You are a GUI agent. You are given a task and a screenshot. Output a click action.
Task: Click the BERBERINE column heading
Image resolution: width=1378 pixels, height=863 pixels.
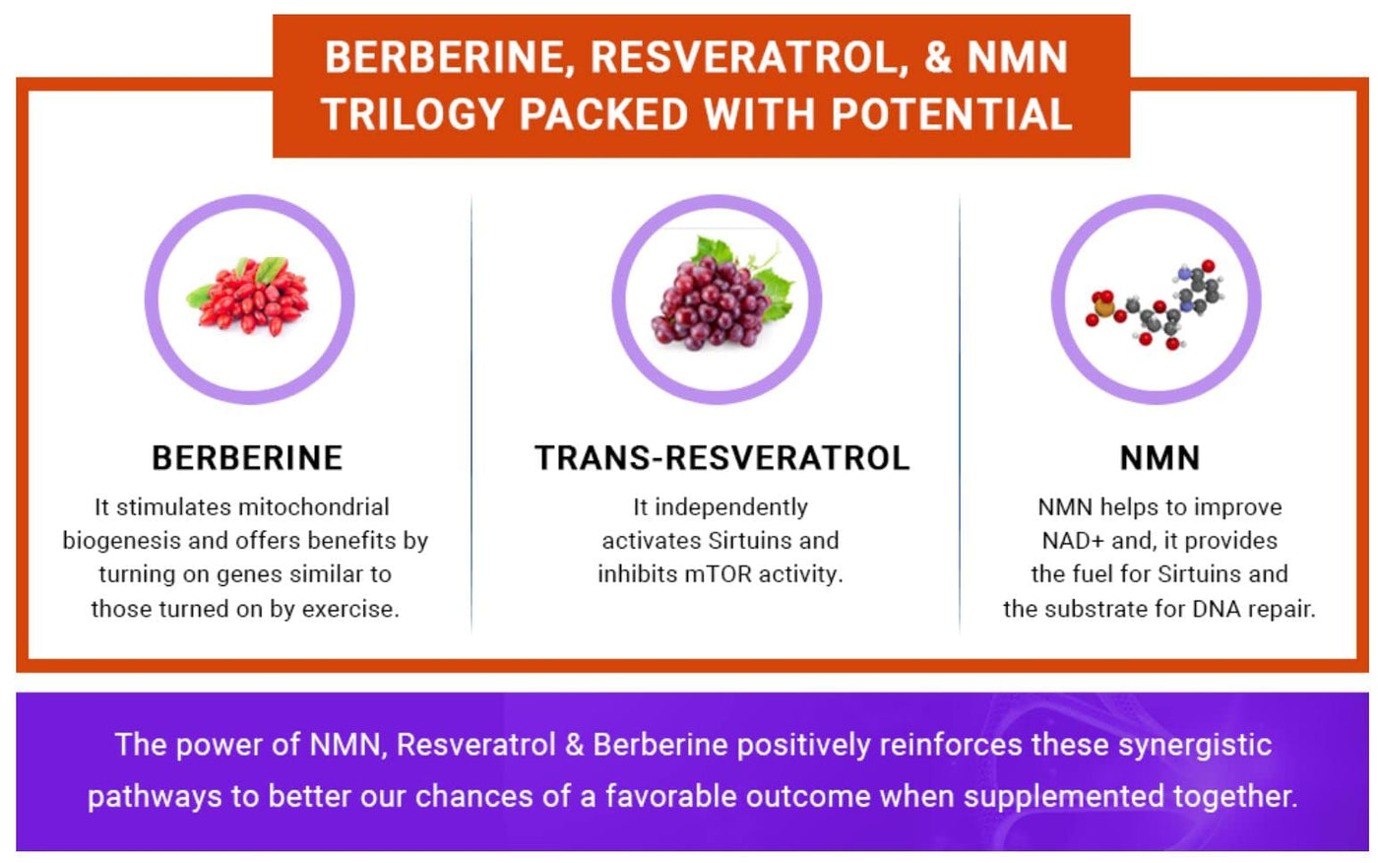(247, 458)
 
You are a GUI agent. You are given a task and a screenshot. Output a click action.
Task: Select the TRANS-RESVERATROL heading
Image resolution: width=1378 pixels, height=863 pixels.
(722, 458)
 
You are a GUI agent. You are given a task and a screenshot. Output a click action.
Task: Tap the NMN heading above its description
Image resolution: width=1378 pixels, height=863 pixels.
(1159, 458)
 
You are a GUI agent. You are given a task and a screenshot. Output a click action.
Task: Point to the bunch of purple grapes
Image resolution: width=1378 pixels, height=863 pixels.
(714, 301)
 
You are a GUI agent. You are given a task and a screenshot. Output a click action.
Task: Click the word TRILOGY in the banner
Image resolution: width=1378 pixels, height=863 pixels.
(412, 114)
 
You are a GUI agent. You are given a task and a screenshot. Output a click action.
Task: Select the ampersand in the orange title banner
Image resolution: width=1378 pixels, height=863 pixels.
(937, 56)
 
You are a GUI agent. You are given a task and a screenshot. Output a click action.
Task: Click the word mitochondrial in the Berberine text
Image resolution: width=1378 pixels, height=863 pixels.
(314, 507)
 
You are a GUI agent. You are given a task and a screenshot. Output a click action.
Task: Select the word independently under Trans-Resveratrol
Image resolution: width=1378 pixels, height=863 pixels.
(730, 508)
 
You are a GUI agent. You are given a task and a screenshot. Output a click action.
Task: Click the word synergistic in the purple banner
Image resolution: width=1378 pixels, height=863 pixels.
(1194, 746)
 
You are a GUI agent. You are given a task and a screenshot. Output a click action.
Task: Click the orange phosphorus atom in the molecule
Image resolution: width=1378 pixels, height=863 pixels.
(1103, 307)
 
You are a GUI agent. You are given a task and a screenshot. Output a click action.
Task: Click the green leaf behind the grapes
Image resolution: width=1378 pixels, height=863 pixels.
(777, 296)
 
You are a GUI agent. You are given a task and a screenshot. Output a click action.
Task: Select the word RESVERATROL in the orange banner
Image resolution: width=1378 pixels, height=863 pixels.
(749, 57)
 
